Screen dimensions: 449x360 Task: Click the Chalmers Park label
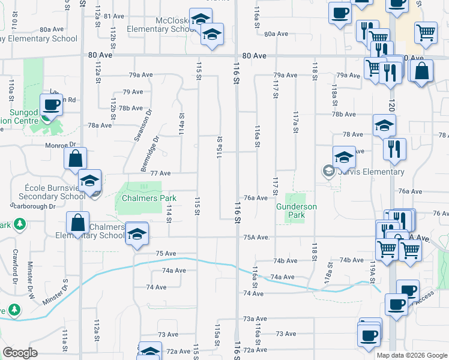pyautogui.click(x=149, y=198)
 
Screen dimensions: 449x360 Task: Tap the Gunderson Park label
pyautogui.click(x=297, y=211)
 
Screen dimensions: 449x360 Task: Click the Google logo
pyautogui.click(x=20, y=352)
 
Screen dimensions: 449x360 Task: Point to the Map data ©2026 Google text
pyautogui.click(x=411, y=355)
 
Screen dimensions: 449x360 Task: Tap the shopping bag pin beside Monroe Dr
pyautogui.click(x=76, y=159)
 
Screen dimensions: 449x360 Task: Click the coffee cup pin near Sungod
pyautogui.click(x=52, y=105)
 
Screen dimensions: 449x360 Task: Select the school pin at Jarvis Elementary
pyautogui.click(x=344, y=158)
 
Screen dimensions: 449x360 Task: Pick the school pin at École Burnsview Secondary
pyautogui.click(x=89, y=181)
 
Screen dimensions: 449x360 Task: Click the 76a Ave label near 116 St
pyautogui.click(x=255, y=198)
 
